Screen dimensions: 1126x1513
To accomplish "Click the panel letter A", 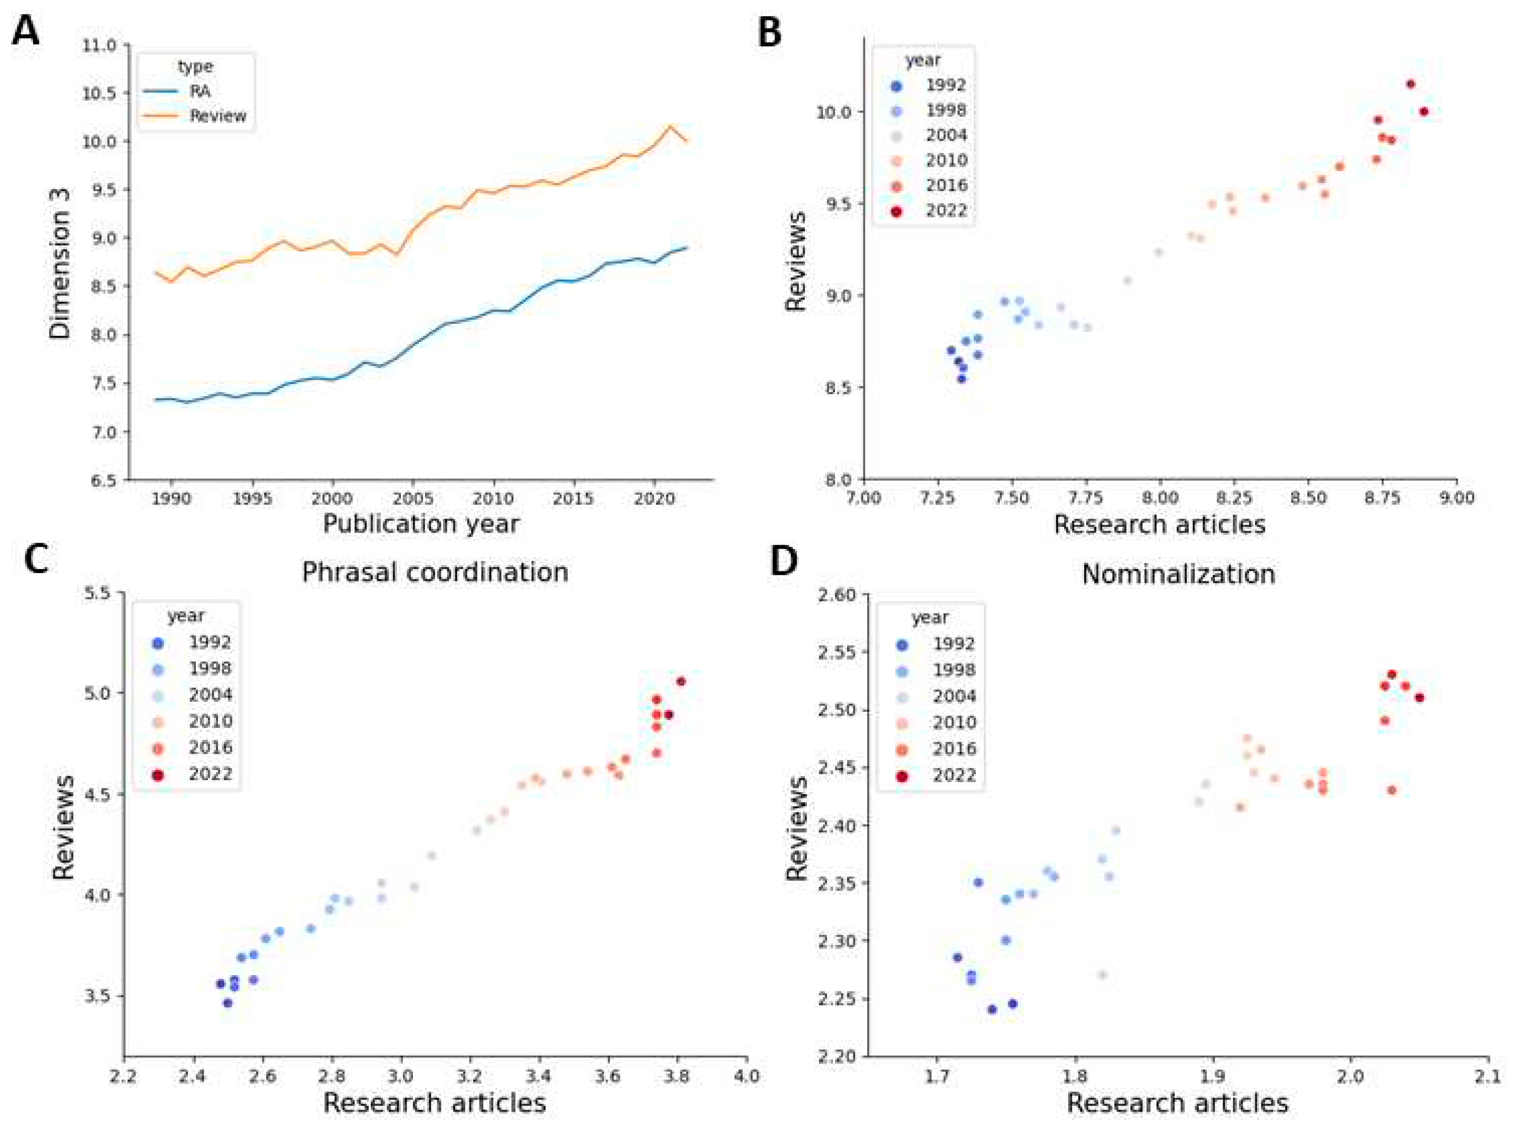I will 25,31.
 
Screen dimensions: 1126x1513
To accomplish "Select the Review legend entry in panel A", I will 218,116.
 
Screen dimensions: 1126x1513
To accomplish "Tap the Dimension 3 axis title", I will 60,273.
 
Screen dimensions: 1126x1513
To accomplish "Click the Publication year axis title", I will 421,523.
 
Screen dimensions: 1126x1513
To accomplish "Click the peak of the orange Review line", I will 670,126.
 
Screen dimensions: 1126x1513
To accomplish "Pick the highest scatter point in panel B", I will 1410,84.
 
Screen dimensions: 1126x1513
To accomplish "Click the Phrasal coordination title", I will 435,572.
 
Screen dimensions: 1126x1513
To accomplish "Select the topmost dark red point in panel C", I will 680,681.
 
